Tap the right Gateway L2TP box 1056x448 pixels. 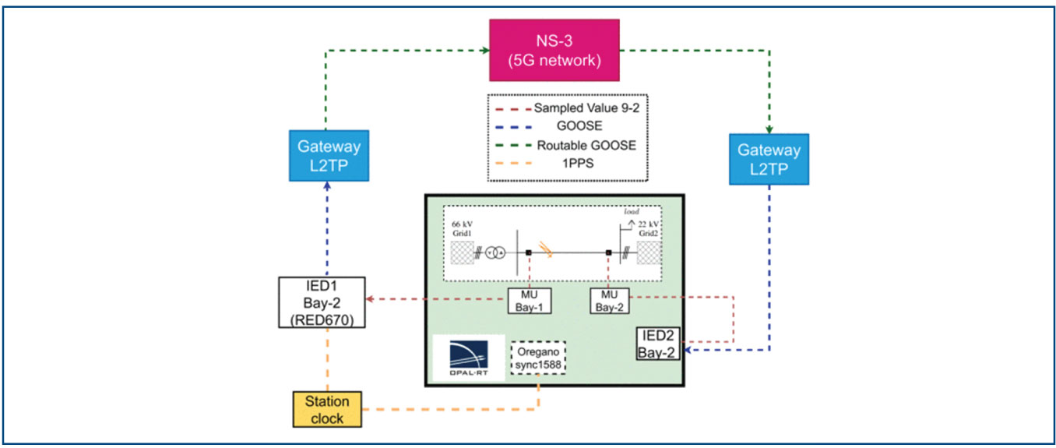[769, 160]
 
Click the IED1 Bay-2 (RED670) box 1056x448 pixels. [322, 301]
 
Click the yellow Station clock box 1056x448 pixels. [327, 410]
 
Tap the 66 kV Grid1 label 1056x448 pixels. [462, 228]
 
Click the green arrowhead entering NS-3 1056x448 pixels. [484, 51]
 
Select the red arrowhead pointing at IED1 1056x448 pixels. [371, 298]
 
